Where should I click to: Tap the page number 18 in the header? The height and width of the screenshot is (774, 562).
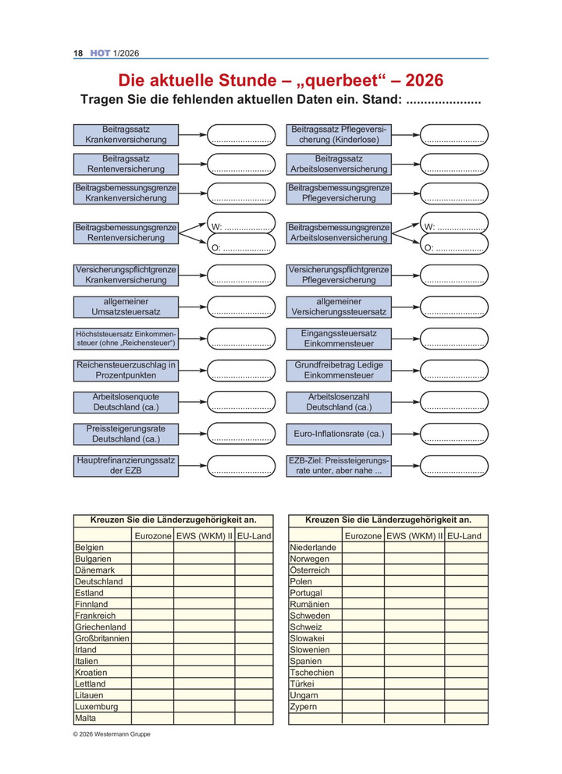[78, 53]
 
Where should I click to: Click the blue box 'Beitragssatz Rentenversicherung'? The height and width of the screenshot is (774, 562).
[126, 163]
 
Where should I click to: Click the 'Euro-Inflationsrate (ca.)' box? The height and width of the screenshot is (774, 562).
[339, 433]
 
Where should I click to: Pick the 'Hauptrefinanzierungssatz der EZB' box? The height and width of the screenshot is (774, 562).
[126, 466]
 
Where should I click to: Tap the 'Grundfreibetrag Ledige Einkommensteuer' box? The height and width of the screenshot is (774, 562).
[339, 370]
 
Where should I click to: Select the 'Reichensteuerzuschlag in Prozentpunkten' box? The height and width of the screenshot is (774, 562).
[126, 370]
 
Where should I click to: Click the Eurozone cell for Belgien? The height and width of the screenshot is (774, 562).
[152, 548]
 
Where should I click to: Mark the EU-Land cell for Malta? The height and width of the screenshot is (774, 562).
[254, 718]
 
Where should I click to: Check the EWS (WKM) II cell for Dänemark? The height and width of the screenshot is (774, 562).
[204, 570]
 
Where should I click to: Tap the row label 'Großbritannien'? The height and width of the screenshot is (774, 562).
[101, 638]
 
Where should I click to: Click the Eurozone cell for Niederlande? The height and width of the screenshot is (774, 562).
[363, 548]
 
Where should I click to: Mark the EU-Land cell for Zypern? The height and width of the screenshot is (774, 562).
[467, 706]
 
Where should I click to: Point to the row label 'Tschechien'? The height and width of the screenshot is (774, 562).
[312, 673]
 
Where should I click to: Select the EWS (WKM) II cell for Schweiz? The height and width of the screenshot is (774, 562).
[414, 627]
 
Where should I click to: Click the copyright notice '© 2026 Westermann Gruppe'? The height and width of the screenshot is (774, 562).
[112, 735]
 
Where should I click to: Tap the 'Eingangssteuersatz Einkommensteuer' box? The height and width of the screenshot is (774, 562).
[339, 338]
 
